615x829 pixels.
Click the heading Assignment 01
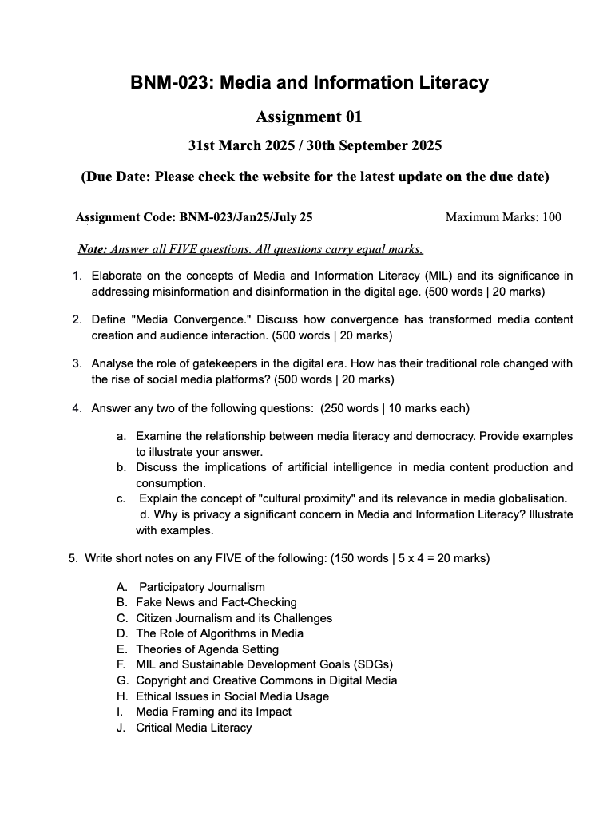[309, 117]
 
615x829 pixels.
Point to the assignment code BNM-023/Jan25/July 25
[246, 216]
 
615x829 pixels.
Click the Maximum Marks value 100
[551, 216]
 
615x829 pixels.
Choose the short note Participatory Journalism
[202, 587]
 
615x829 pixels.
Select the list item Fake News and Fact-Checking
[216, 602]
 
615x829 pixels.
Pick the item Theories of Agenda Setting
[207, 649]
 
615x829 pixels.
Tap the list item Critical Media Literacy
[193, 728]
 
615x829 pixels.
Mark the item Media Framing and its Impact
[213, 712]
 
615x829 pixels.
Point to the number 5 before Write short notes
[73, 558]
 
